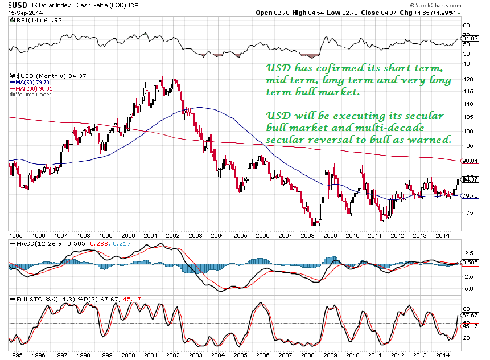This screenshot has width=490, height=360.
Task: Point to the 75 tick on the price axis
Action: (468, 212)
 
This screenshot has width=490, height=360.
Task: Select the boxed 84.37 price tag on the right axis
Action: (470, 179)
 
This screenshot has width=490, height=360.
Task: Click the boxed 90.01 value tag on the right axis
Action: (470, 161)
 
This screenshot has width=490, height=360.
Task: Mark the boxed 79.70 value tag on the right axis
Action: (470, 195)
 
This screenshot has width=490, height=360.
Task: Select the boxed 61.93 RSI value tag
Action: (470, 39)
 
